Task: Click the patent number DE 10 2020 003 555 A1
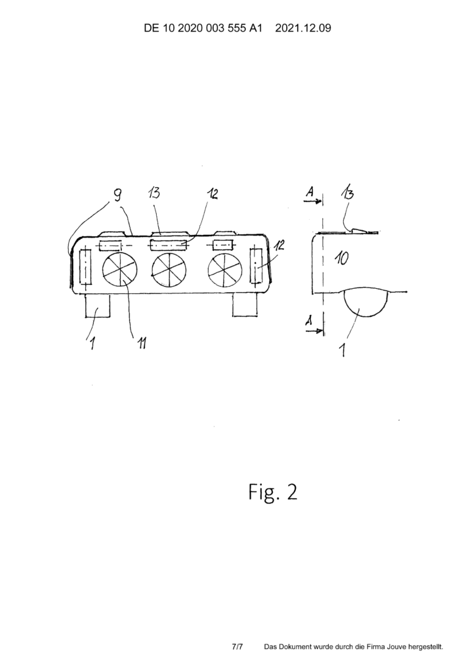click(x=203, y=29)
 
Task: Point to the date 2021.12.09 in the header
click(x=303, y=29)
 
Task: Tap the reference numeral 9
click(x=117, y=195)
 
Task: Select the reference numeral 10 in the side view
click(x=341, y=259)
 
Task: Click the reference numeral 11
click(x=141, y=343)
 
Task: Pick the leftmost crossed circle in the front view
click(x=120, y=270)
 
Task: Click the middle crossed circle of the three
click(x=169, y=271)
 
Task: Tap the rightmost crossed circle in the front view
click(x=225, y=272)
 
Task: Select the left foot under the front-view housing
click(x=98, y=306)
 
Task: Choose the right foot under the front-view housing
click(x=245, y=305)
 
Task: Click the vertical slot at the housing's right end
click(x=257, y=265)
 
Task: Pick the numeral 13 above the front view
click(x=154, y=192)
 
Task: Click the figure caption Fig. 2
click(x=273, y=492)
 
